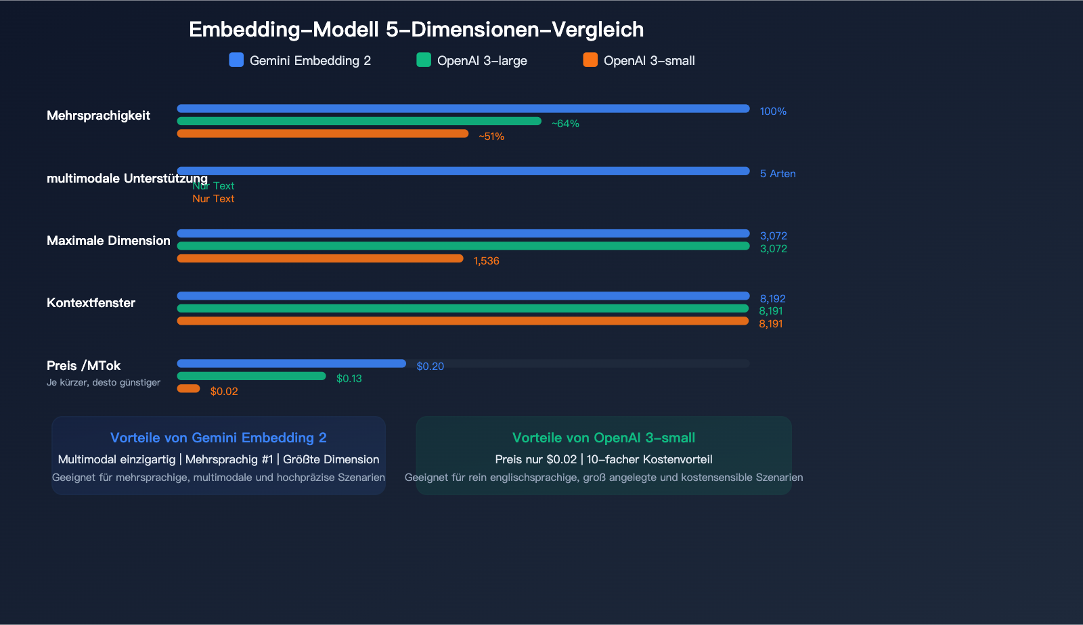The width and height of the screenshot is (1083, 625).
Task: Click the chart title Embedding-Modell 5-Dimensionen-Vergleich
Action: (416, 30)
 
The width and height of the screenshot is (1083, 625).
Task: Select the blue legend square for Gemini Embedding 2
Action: (236, 60)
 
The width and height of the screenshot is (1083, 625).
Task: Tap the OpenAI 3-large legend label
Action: (481, 61)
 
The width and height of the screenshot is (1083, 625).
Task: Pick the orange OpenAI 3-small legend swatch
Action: (590, 60)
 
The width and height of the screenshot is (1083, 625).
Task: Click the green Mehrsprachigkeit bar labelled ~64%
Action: (359, 121)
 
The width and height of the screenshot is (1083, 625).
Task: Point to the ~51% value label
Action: (491, 137)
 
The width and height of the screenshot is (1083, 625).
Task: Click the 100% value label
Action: (773, 112)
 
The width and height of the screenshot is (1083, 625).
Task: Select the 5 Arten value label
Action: (777, 174)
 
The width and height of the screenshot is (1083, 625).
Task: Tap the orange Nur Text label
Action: (213, 199)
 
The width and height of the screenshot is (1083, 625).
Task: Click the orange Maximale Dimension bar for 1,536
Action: (320, 258)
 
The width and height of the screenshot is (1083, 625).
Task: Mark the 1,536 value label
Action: (486, 261)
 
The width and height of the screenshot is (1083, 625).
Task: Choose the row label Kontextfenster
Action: (91, 303)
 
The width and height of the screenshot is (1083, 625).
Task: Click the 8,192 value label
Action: (772, 299)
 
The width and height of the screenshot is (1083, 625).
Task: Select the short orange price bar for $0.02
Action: (188, 388)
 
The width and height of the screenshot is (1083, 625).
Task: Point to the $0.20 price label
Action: (430, 367)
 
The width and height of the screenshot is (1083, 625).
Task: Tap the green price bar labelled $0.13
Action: (251, 376)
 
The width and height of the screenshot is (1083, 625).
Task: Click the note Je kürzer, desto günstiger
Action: (104, 383)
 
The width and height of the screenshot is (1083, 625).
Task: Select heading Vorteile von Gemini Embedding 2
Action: (218, 438)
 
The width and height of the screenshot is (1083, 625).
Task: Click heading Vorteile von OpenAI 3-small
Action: (603, 438)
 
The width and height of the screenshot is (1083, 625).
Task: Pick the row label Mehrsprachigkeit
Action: (98, 116)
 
